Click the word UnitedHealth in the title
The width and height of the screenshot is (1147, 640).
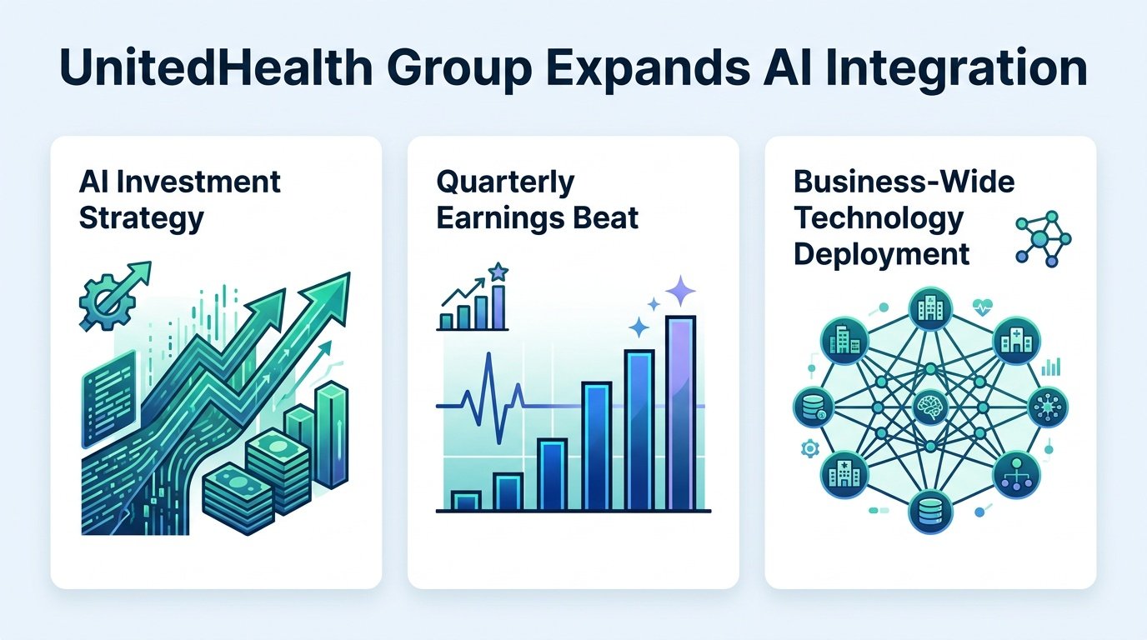216,67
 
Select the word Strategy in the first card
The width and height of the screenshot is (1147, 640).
142,219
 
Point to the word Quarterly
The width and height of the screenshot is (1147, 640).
505,183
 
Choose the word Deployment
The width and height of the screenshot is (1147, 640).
881,255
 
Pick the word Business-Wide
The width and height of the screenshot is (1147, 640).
904,182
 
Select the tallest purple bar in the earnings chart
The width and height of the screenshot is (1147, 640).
680,413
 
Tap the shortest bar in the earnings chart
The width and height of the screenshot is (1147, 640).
466,501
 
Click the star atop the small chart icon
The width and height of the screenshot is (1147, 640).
498,272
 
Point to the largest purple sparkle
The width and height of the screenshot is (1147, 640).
680,291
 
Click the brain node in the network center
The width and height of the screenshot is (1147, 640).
930,407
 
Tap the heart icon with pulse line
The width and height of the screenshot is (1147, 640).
982,307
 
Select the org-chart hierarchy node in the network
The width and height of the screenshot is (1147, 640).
1016,475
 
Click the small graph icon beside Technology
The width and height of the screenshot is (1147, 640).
1043,238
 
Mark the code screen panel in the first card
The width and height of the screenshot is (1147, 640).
108,398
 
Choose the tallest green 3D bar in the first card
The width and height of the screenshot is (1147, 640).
332,434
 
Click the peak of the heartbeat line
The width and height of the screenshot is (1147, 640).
490,354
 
